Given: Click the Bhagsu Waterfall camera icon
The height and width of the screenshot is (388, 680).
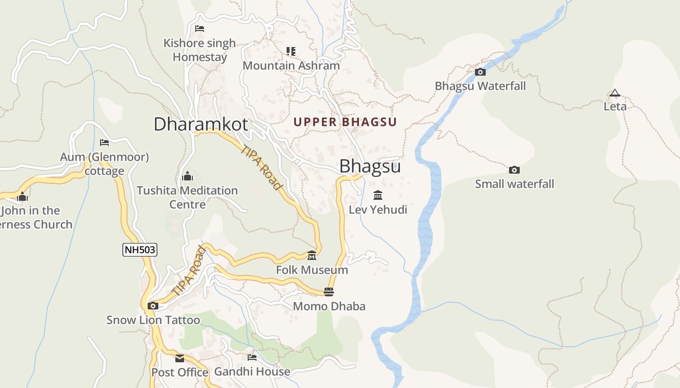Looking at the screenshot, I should tap(480, 72).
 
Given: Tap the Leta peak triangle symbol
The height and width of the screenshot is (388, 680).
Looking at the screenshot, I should tap(615, 93).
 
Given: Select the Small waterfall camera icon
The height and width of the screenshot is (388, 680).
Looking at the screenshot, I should tap(514, 170).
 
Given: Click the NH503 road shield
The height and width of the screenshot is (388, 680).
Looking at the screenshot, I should tap(140, 250).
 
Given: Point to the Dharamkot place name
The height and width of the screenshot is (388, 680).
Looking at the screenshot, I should tap(201, 124).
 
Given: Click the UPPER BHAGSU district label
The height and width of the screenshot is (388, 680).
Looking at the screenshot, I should tap(345, 122).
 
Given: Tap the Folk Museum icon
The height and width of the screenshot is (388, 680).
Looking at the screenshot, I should tap(312, 256).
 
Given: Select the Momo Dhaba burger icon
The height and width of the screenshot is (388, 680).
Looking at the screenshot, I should tap(329, 291).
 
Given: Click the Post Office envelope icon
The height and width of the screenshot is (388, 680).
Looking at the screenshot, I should tap(180, 358).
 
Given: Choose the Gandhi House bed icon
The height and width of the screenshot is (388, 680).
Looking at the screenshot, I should tap(252, 357).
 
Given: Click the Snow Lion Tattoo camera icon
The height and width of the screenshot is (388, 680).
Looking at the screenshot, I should tap(153, 306).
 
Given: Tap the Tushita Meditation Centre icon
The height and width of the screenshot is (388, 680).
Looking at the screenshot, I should tap(187, 176).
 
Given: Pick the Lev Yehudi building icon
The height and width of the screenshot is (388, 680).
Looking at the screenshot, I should tap(378, 195).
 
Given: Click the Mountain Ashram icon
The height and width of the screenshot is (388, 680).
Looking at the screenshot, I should tap(291, 51).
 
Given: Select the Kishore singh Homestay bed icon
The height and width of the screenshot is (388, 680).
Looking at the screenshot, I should tap(199, 29).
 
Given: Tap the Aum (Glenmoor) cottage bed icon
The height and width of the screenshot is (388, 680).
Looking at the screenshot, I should tap(104, 143).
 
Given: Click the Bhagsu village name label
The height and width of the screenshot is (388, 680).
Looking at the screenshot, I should tap(370, 166).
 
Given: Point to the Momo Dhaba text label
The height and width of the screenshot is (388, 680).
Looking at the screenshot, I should tap(329, 307).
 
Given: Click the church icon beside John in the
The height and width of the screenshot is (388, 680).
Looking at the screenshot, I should tap(22, 197).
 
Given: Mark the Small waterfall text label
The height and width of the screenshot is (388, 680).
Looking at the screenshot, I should tap(514, 184).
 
